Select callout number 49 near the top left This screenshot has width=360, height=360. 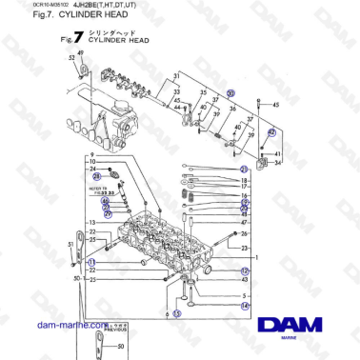click(x=80, y=53)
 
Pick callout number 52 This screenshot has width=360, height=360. click(x=71, y=59)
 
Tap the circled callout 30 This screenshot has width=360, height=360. click(x=230, y=94)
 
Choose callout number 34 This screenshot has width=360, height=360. click(x=277, y=163)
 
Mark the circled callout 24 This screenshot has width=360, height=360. click(x=96, y=176)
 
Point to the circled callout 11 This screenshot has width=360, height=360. click(x=91, y=262)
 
